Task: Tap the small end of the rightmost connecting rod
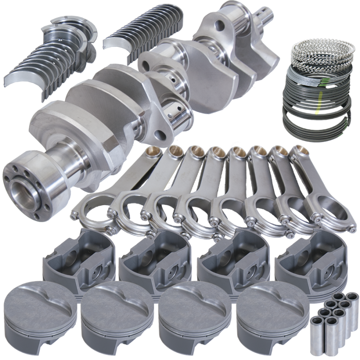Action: tap(299, 152)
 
